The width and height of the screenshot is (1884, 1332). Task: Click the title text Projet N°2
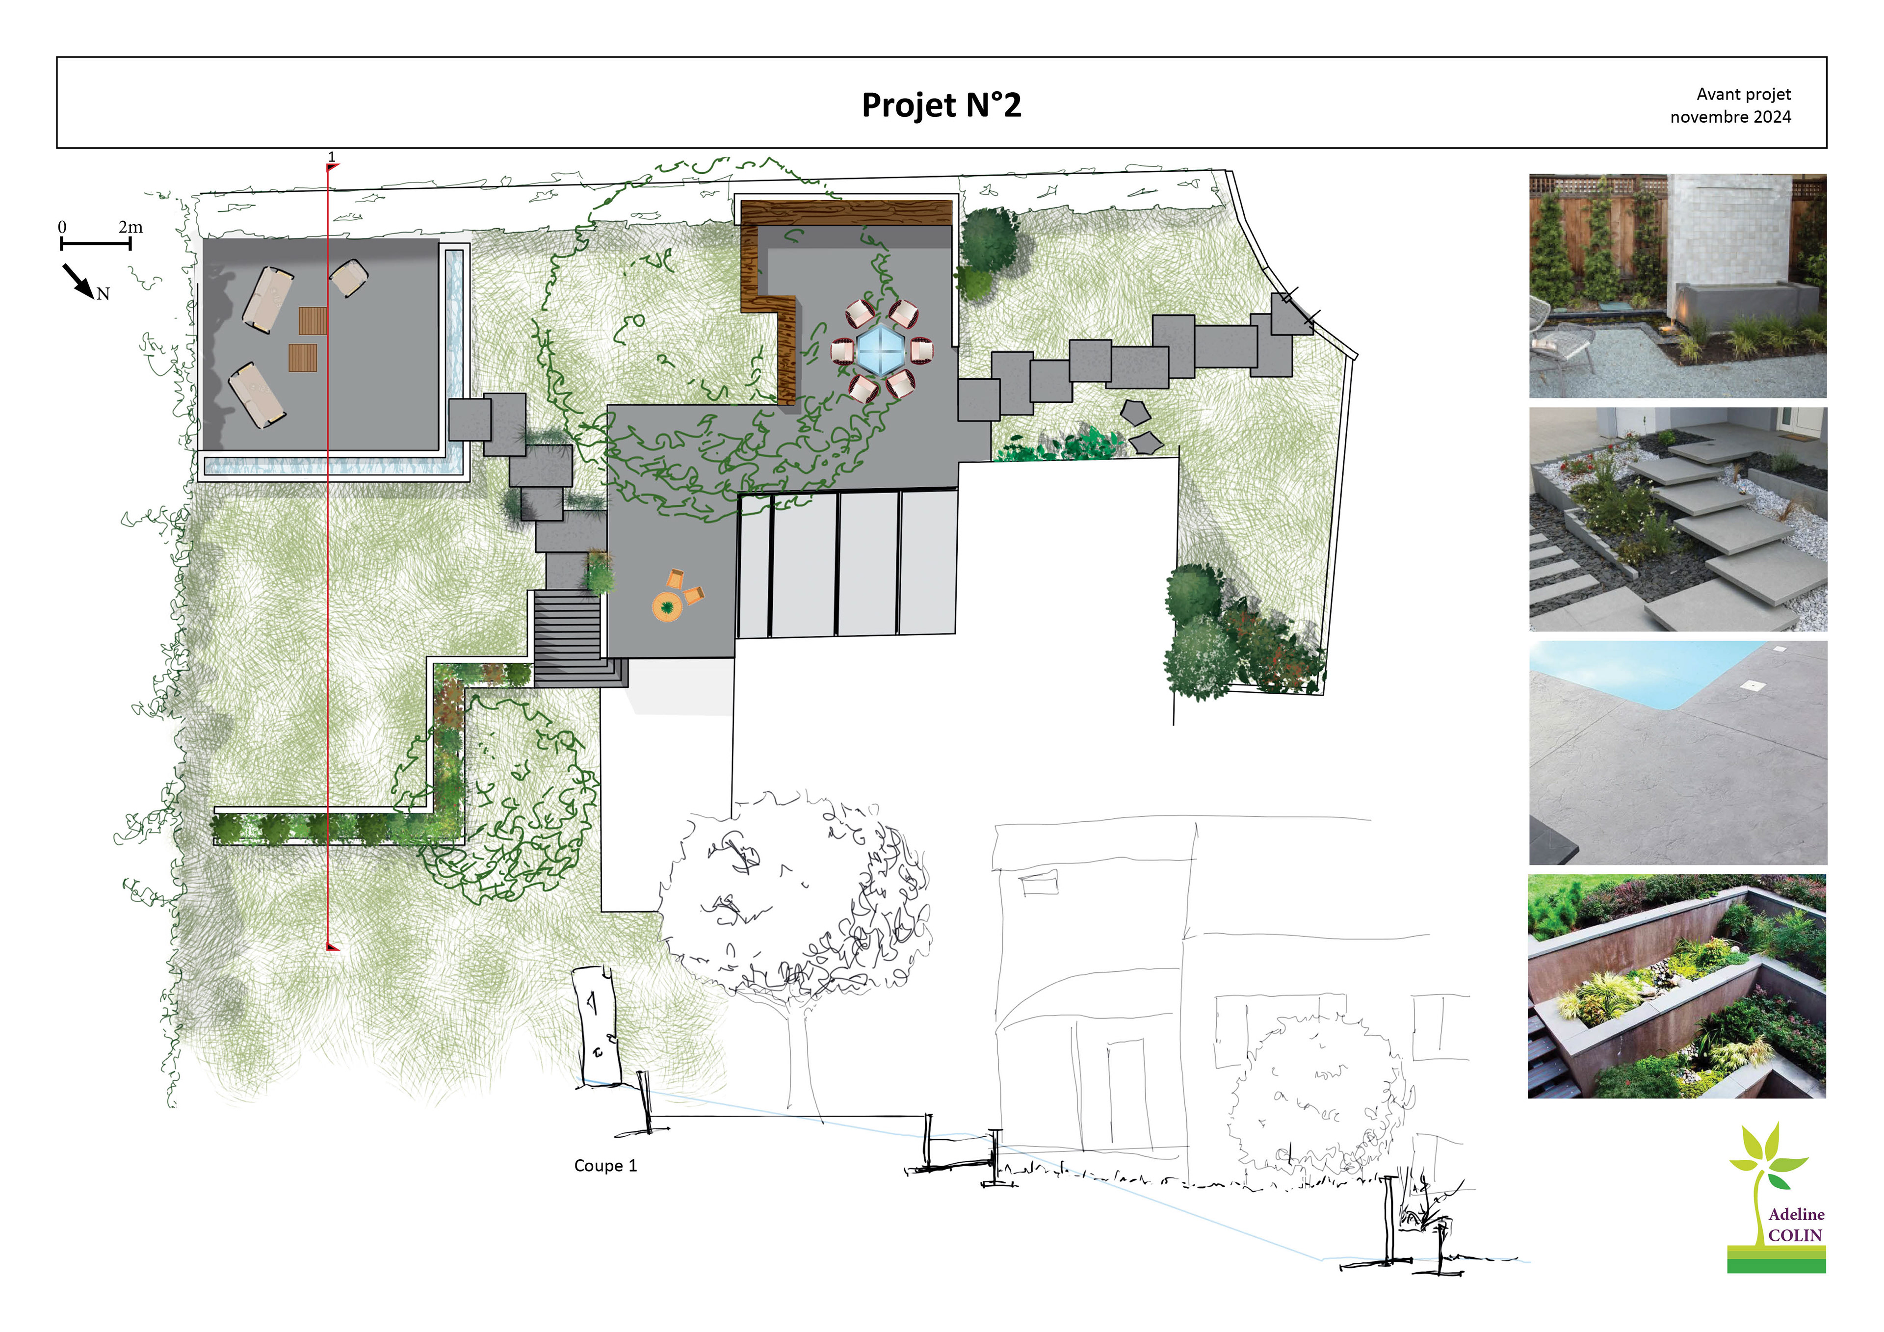click(x=941, y=105)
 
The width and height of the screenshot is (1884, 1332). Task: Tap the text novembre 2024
click(x=1730, y=117)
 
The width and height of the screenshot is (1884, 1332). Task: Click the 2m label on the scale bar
click(x=131, y=227)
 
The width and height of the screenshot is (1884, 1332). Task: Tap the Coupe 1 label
click(x=605, y=1165)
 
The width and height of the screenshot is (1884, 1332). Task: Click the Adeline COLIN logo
click(x=1777, y=1198)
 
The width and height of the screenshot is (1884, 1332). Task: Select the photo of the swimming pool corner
click(x=1677, y=753)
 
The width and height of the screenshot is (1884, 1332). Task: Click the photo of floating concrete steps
click(x=1677, y=520)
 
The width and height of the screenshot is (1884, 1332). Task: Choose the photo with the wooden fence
click(x=1677, y=286)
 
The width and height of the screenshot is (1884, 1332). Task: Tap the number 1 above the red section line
click(x=332, y=156)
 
